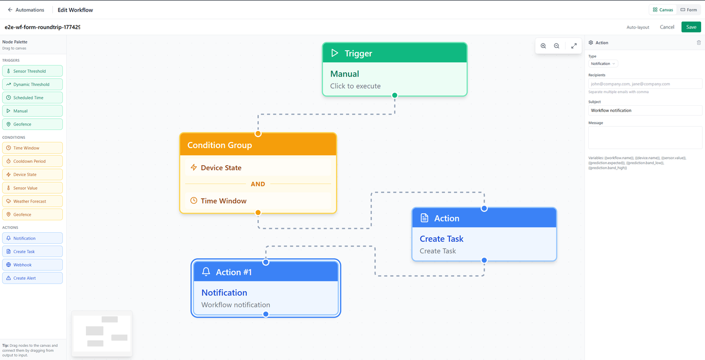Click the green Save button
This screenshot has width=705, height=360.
tap(691, 27)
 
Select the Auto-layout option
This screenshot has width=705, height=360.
tap(638, 28)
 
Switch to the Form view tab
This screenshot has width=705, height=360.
tap(688, 10)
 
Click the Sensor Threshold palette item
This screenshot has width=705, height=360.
tap(32, 71)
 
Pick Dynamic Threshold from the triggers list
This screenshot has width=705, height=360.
tap(32, 84)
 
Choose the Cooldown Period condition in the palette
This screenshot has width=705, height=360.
tap(32, 161)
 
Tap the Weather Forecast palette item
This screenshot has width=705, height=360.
tap(32, 201)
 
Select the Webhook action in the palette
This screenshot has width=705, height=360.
tap(32, 265)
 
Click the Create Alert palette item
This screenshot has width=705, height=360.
tap(32, 278)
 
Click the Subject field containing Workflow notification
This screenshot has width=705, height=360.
tap(645, 111)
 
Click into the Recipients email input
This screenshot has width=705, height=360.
tap(645, 84)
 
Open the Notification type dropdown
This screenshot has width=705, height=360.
tap(603, 63)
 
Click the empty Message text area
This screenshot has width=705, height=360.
tap(645, 138)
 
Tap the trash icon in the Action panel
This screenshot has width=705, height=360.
tap(699, 42)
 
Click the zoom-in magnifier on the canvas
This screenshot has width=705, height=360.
tap(543, 46)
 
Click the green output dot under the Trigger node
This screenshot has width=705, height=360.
tap(395, 95)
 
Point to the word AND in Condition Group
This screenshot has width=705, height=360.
tap(258, 184)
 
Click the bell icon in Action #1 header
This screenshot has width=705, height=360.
tap(206, 271)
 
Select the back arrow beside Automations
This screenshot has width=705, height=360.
tap(10, 10)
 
